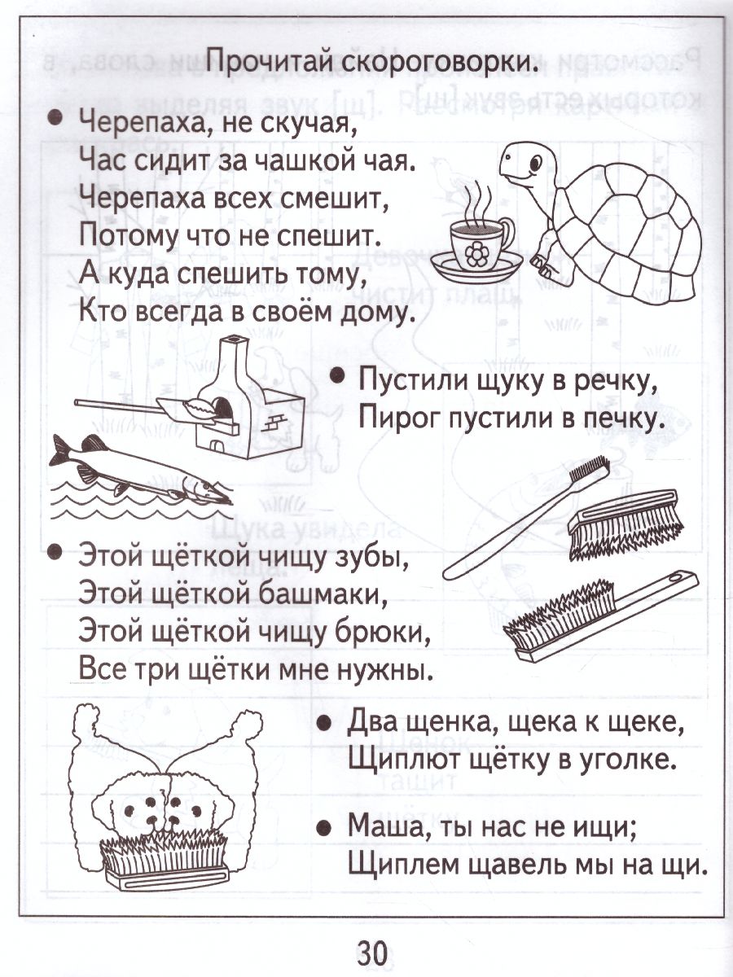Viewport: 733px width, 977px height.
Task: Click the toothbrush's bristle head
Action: pyautogui.click(x=588, y=472)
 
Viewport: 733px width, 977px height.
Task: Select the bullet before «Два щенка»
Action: pyautogui.click(x=323, y=721)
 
